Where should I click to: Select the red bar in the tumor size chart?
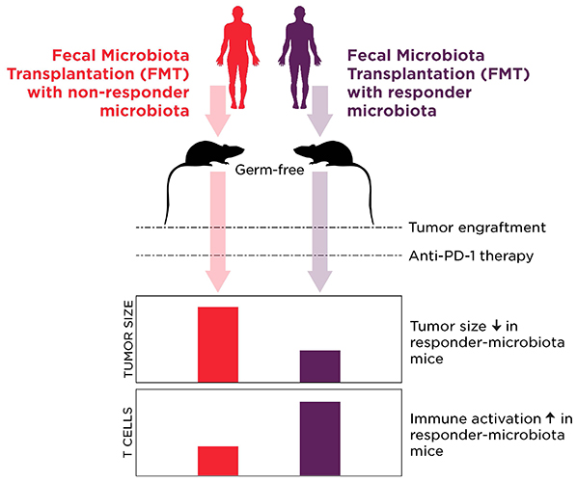pyautogui.click(x=218, y=343)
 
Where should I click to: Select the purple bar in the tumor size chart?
pyautogui.click(x=319, y=365)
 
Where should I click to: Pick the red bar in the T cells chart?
pyautogui.click(x=218, y=461)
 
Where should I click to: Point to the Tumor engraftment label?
pyautogui.click(x=464, y=228)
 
